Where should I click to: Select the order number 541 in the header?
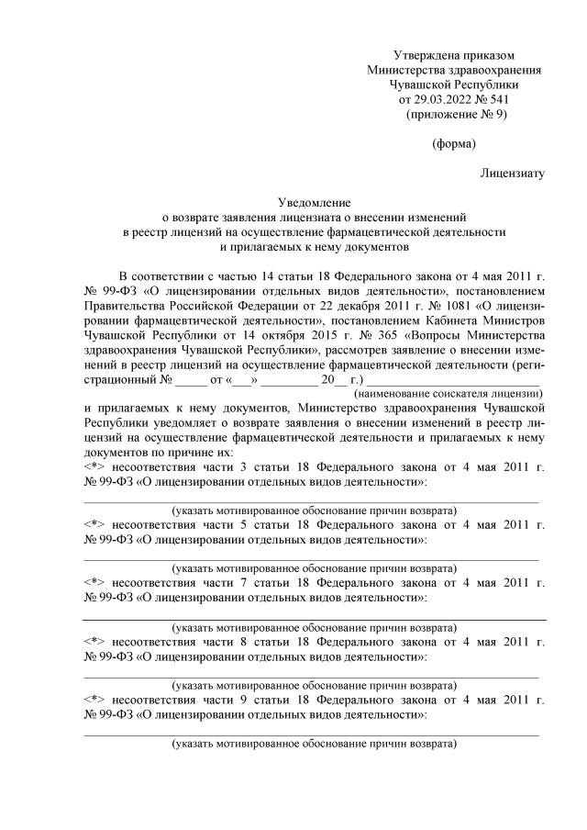[495, 99]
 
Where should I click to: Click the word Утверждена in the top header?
[423, 55]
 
